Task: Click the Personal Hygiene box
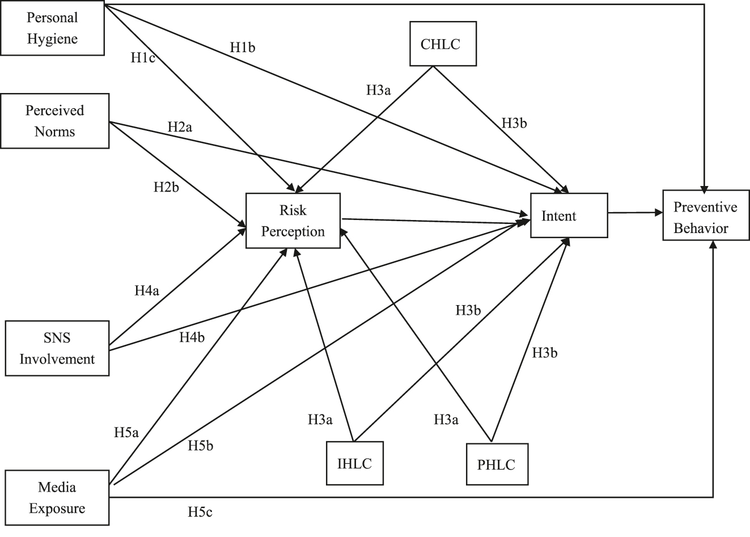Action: (52, 28)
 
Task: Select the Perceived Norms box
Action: (54, 121)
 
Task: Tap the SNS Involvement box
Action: (57, 348)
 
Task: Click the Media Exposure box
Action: (57, 497)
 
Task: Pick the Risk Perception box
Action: (293, 221)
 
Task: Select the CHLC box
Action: (443, 44)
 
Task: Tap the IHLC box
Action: (355, 463)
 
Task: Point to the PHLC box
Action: (496, 464)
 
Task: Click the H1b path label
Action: (243, 48)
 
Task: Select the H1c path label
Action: (143, 57)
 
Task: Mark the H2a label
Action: (180, 126)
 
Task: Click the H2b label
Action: (166, 187)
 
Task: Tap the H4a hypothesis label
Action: (147, 291)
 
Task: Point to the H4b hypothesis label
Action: (192, 337)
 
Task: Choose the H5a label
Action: (126, 433)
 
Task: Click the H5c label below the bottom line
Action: (200, 513)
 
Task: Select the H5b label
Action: (201, 446)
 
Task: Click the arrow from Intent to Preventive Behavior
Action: (635, 213)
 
